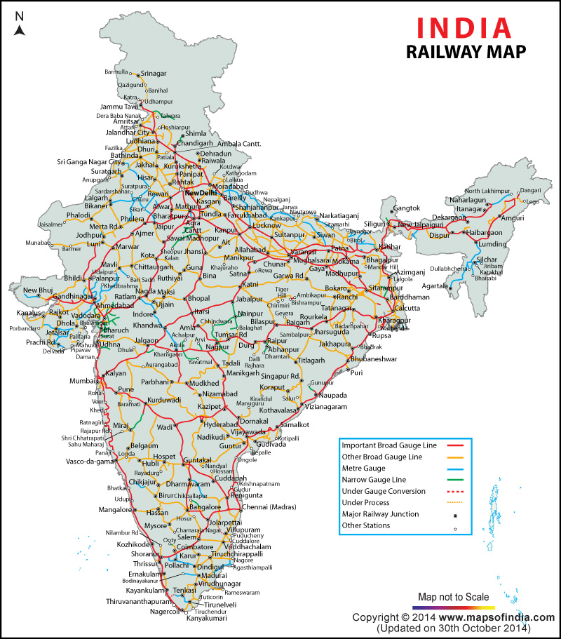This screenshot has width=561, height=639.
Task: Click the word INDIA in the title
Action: click(464, 27)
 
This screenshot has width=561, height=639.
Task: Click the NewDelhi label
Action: click(202, 192)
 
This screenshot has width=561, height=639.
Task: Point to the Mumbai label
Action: click(83, 381)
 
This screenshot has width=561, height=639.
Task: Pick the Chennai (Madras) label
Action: click(269, 506)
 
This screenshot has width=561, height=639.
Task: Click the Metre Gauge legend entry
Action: click(363, 468)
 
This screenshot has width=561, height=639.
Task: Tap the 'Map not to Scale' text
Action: click(454, 597)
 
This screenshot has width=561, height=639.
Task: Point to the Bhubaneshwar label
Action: click(374, 359)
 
